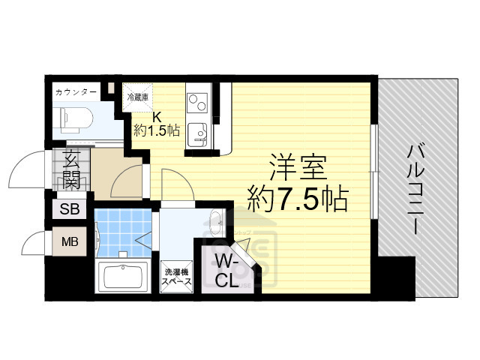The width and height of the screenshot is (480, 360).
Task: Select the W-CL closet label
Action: coord(227,271)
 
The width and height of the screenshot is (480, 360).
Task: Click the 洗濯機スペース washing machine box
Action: coord(177,277)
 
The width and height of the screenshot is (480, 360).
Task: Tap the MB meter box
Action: coord(70,242)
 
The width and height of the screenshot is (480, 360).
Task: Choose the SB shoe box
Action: coord(70,209)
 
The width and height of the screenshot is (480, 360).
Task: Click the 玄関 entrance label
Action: coord(72,170)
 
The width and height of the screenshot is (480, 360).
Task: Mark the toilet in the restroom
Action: coord(76,116)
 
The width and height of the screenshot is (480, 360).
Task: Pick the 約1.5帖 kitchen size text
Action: coord(157,130)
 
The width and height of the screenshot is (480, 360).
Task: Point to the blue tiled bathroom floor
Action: coord(120,229)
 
